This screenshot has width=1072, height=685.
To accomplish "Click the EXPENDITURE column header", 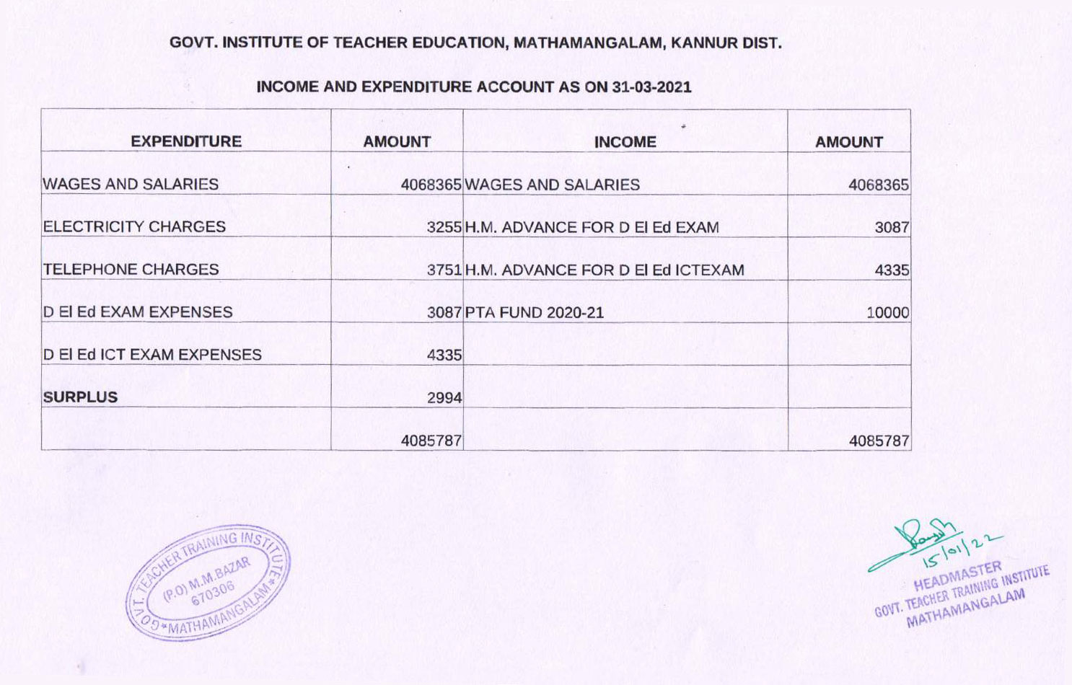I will [x=186, y=141].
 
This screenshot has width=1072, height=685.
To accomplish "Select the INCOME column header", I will [x=625, y=142].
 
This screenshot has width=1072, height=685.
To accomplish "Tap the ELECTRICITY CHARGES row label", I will [x=134, y=226].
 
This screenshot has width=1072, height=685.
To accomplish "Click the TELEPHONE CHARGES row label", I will [x=131, y=269].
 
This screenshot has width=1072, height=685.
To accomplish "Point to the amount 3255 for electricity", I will [x=444, y=227].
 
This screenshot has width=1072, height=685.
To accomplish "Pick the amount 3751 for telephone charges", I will [x=444, y=270].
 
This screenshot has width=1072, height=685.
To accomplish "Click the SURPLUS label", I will [x=80, y=397].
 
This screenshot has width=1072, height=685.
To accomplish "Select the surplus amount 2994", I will [x=444, y=397].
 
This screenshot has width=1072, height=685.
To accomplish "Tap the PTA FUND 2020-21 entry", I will [x=534, y=312].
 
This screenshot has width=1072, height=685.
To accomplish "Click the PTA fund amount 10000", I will [x=887, y=313].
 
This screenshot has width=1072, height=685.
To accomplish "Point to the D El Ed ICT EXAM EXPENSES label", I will [x=152, y=354].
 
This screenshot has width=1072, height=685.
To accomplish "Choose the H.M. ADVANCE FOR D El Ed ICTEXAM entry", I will [x=605, y=270].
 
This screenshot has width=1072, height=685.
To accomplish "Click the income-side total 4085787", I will [x=879, y=440].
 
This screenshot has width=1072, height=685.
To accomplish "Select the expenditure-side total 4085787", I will [x=431, y=440].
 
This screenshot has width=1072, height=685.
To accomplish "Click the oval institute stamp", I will [x=208, y=583].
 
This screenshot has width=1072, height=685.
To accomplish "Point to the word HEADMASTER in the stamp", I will [x=957, y=575].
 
